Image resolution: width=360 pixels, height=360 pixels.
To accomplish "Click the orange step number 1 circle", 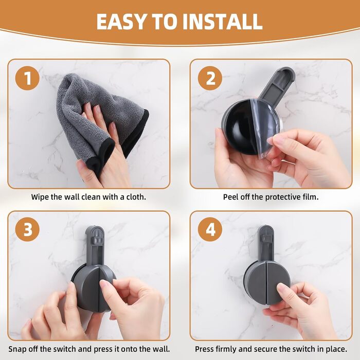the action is pyautogui.click(x=27, y=78).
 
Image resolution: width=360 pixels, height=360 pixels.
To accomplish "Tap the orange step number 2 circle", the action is pyautogui.click(x=210, y=78).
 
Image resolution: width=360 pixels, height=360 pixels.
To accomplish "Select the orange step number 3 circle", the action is pyautogui.click(x=27, y=229).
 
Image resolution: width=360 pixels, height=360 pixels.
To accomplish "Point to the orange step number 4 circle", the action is pyautogui.click(x=210, y=229).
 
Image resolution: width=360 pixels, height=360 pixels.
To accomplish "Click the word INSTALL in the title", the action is pyautogui.click(x=222, y=22).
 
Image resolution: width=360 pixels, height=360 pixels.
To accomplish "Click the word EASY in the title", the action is pyautogui.click(x=121, y=22).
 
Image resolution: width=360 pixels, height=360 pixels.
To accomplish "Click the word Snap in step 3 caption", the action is pyautogui.click(x=17, y=349).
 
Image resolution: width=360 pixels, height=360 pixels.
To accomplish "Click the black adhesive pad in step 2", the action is pyautogui.click(x=239, y=129).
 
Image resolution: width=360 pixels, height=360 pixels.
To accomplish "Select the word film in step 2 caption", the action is pyautogui.click(x=311, y=197).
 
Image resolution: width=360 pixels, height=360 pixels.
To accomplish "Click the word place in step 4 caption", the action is pyautogui.click(x=336, y=349).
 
